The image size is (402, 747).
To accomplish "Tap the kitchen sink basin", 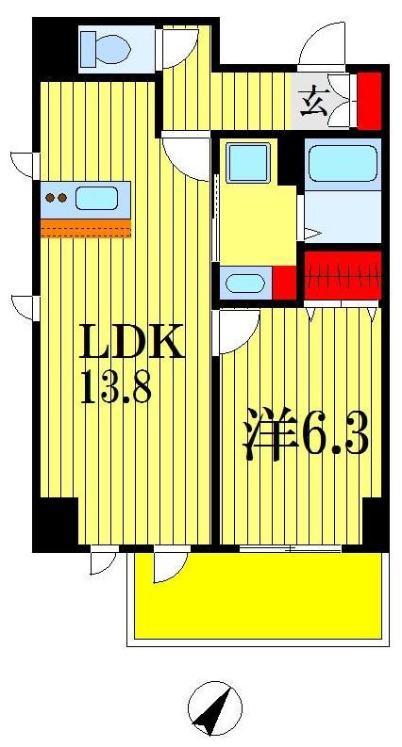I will pyautogui.click(x=97, y=198).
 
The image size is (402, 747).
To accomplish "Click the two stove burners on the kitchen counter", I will pyautogui.click(x=57, y=198).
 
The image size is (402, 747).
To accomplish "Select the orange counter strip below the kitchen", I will pyautogui.click(x=85, y=228).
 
